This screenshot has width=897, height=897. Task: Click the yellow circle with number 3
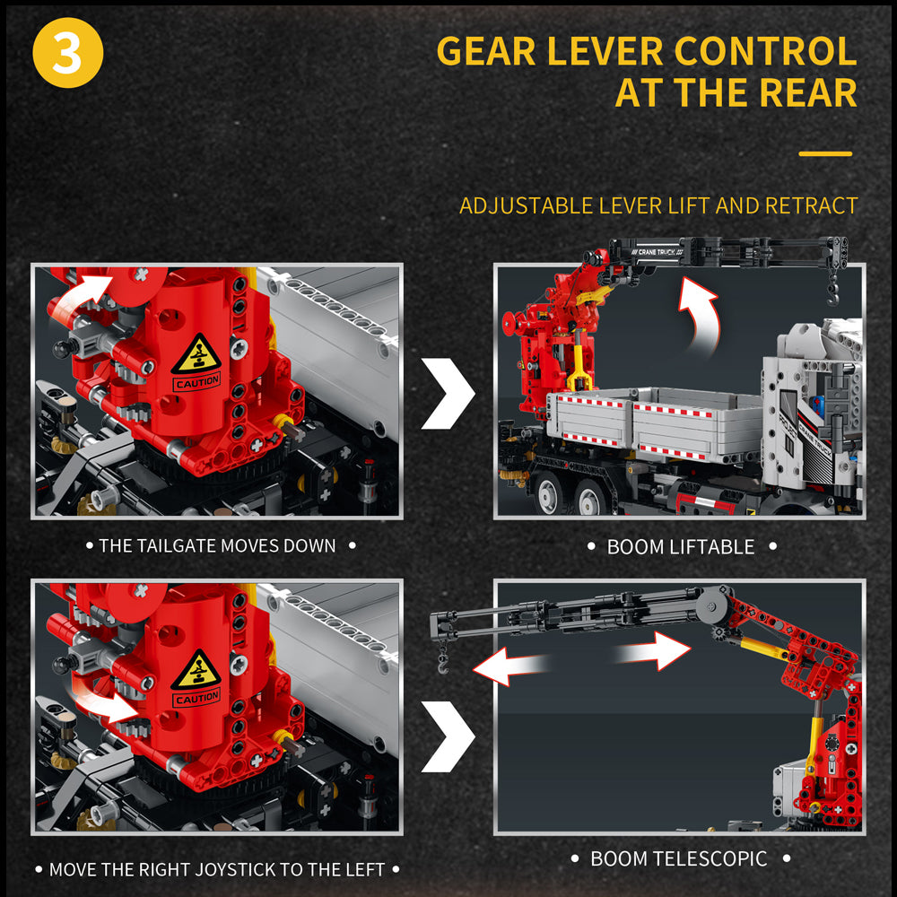(x=67, y=53)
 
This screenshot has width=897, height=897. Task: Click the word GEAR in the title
(x=486, y=51)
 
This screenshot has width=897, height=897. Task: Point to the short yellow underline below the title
(x=825, y=153)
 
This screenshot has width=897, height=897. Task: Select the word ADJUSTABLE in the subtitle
(x=526, y=206)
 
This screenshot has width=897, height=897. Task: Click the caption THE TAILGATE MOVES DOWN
(x=217, y=545)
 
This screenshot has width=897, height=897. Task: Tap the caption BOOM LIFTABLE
(x=681, y=547)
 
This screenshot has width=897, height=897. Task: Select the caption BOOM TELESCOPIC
(x=678, y=858)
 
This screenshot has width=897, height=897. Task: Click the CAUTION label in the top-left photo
(x=196, y=381)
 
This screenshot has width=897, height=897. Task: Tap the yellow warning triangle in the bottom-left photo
(x=196, y=669)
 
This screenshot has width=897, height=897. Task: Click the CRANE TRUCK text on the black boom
(x=657, y=252)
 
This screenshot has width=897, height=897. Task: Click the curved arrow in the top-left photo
(x=80, y=294)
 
